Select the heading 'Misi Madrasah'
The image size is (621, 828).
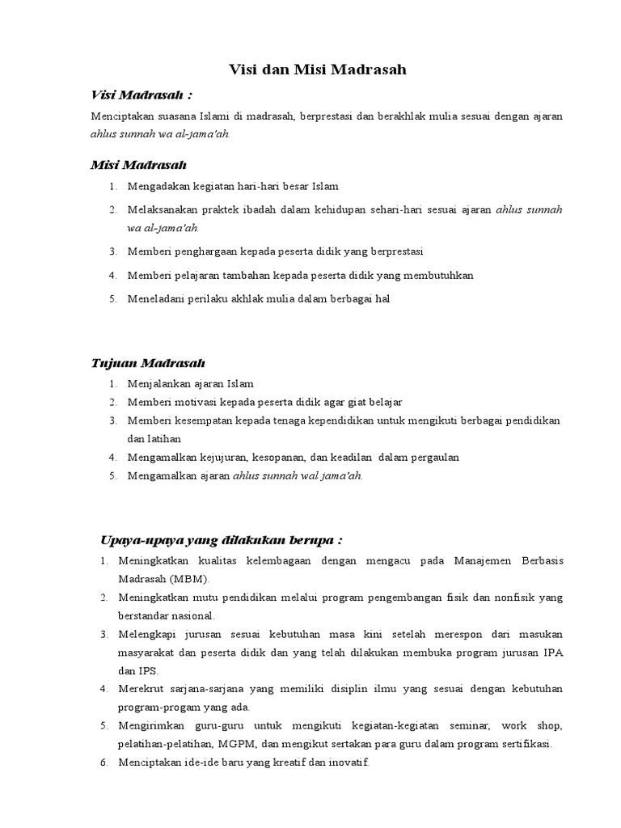click(x=138, y=165)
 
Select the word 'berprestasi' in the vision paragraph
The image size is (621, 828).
click(x=323, y=116)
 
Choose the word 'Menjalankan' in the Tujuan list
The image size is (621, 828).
click(x=156, y=384)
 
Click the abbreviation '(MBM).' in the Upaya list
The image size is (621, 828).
click(x=189, y=580)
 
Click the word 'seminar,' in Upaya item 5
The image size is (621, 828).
click(x=468, y=725)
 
